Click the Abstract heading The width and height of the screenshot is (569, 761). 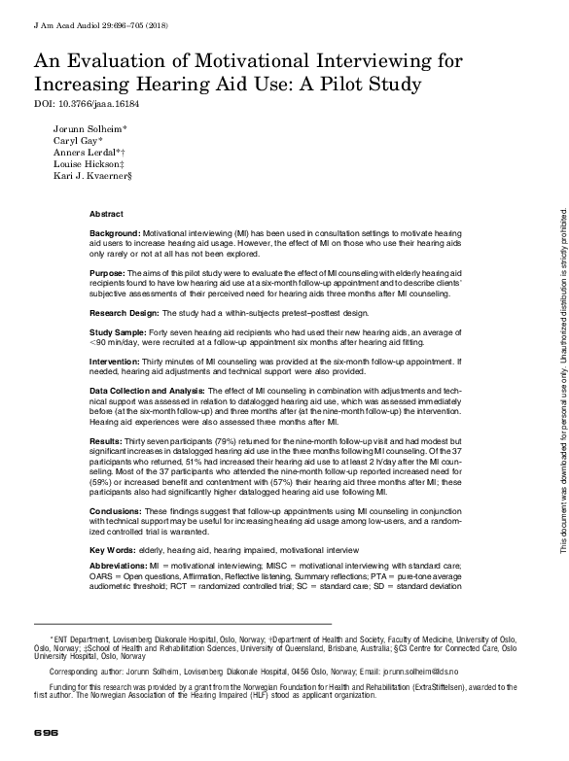pos(106,213)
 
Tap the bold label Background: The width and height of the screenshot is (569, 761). pos(115,235)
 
